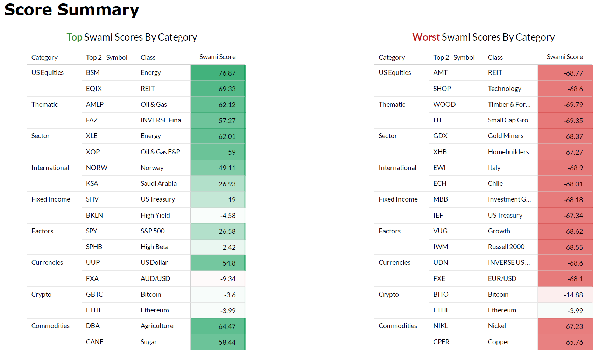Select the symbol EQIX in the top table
(x=94, y=89)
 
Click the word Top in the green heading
(x=75, y=37)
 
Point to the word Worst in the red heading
(x=426, y=37)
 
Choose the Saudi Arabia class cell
(x=158, y=183)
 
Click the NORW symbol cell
(x=97, y=168)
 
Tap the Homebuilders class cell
(x=508, y=152)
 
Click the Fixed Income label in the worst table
(x=398, y=199)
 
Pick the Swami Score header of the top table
(x=218, y=57)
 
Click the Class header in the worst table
(x=495, y=57)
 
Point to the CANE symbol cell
(x=94, y=342)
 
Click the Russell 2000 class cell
(x=506, y=247)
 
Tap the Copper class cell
(x=499, y=342)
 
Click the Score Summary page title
(x=72, y=10)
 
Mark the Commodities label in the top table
(x=50, y=326)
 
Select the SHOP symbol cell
(x=442, y=89)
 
